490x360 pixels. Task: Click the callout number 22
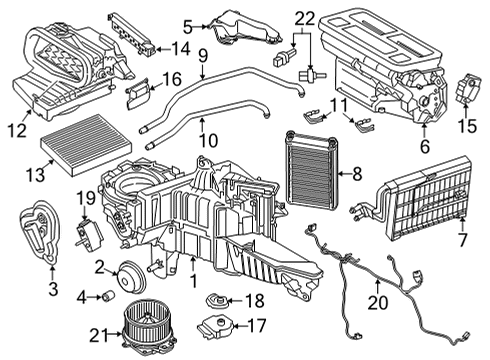(304, 16)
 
